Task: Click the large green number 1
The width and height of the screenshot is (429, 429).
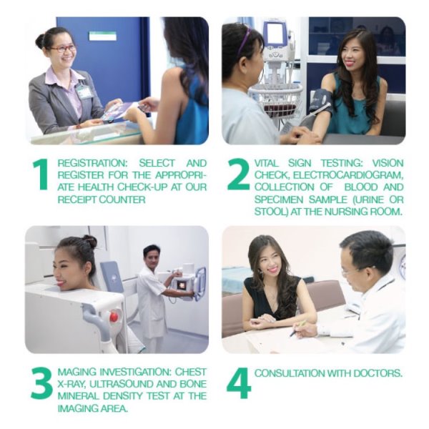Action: point(41,174)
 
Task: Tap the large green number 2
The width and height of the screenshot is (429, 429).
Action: point(238,174)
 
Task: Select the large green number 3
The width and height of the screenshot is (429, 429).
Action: point(41,383)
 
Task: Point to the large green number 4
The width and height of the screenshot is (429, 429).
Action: point(239,383)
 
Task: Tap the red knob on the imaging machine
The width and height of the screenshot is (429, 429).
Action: point(114,317)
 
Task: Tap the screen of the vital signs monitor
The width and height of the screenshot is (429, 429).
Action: point(276,34)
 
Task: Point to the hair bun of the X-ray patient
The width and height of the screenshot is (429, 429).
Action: point(89,242)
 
